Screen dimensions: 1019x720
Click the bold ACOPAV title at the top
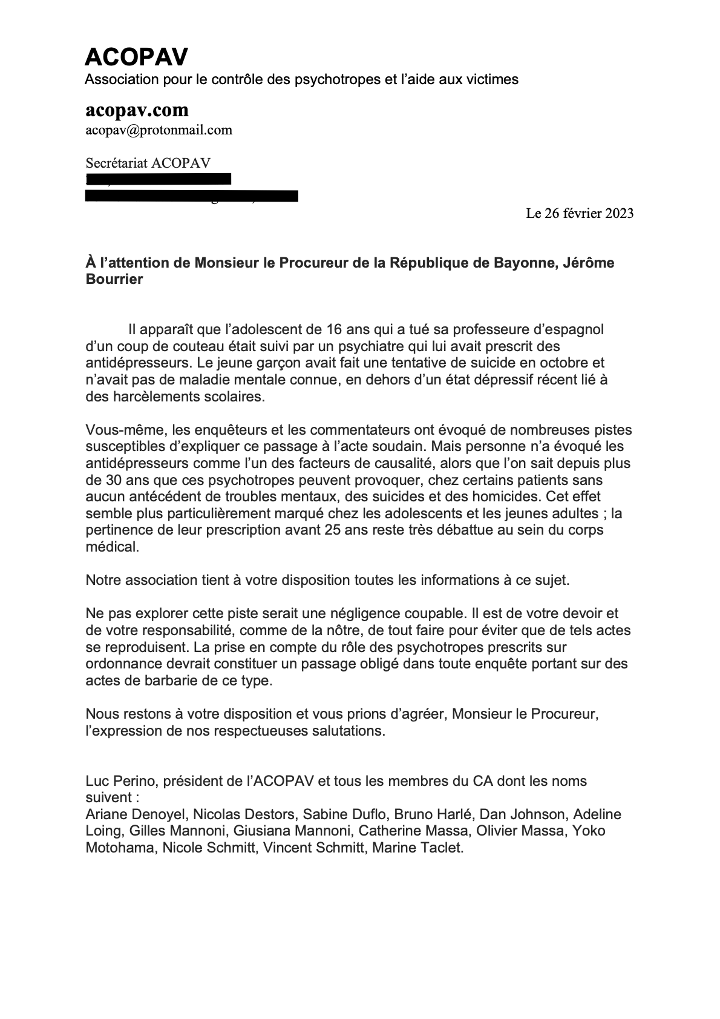136,57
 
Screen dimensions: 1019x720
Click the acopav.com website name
137,110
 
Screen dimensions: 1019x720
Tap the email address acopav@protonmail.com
159,130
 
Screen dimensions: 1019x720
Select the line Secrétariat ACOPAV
148,163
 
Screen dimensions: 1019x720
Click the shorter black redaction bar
159,179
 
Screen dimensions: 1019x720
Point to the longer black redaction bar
192,196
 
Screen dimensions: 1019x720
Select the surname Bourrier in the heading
114,280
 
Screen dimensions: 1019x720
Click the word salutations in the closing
349,731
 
